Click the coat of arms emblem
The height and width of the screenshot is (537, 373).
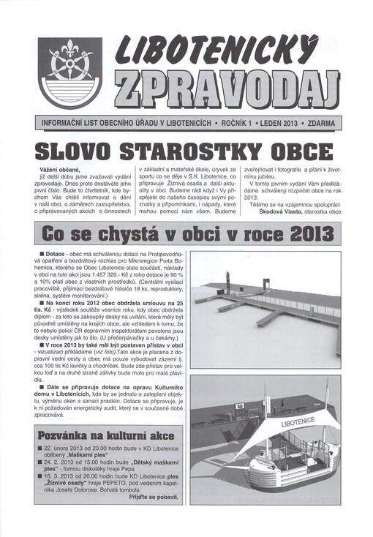[x=70, y=72]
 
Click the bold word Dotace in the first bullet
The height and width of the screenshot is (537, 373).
[x=56, y=252]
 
